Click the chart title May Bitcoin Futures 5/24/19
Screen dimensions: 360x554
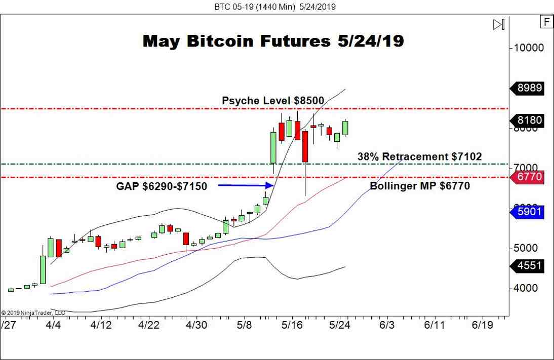(x=273, y=41)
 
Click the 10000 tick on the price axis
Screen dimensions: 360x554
(x=529, y=48)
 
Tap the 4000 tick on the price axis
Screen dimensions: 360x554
(x=526, y=288)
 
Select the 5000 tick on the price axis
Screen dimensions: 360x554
(x=526, y=248)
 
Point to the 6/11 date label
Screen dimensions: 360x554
(x=434, y=324)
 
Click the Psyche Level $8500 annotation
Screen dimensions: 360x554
(x=273, y=101)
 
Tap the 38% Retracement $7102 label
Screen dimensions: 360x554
(x=419, y=157)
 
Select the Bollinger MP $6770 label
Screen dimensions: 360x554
(x=419, y=186)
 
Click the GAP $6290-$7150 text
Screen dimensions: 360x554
(x=162, y=186)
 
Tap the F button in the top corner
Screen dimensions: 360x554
(x=546, y=22)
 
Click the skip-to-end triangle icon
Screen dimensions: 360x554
(x=499, y=24)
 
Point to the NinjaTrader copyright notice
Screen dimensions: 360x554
(x=29, y=312)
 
